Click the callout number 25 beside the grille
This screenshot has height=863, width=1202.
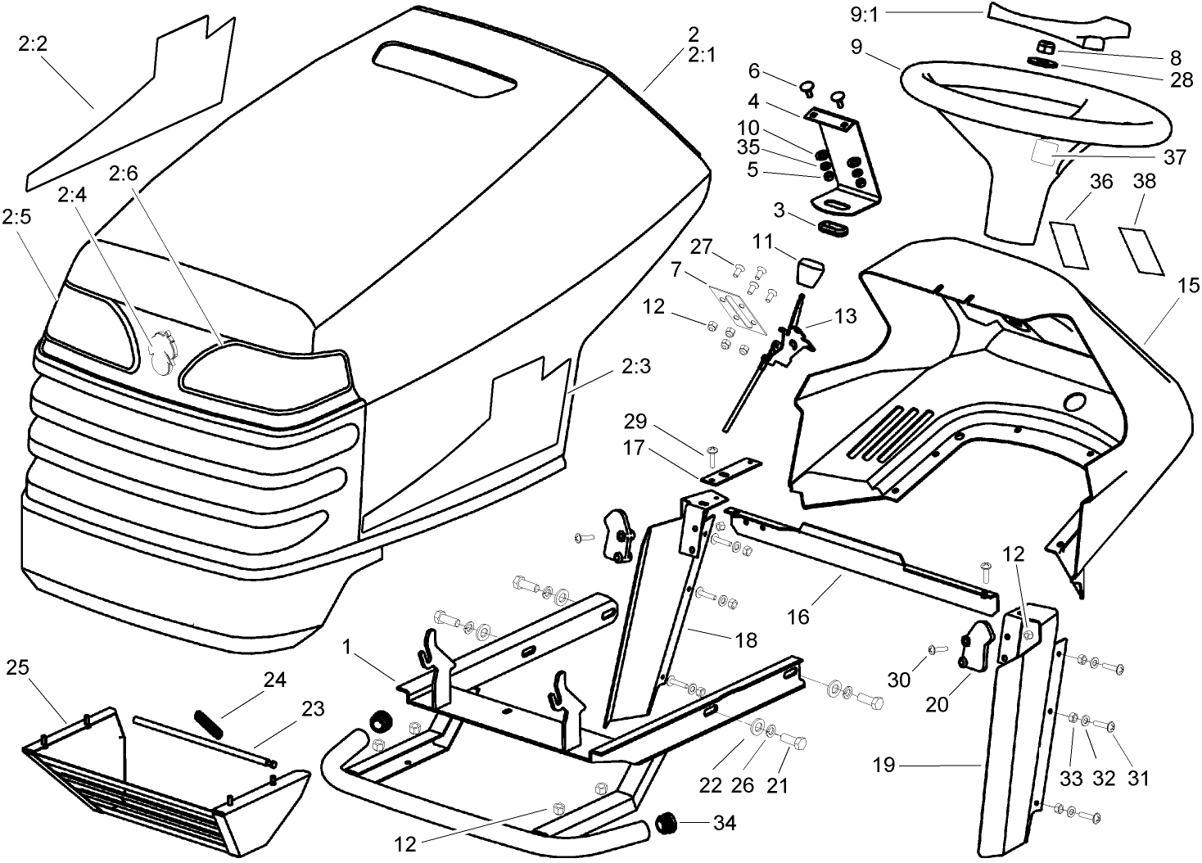tap(17, 667)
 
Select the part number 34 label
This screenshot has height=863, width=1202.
tap(724, 823)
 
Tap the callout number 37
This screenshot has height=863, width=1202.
tap(1174, 157)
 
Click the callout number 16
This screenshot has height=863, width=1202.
tap(798, 616)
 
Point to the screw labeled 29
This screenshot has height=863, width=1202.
tap(712, 451)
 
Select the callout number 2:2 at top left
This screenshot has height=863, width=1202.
tap(33, 43)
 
